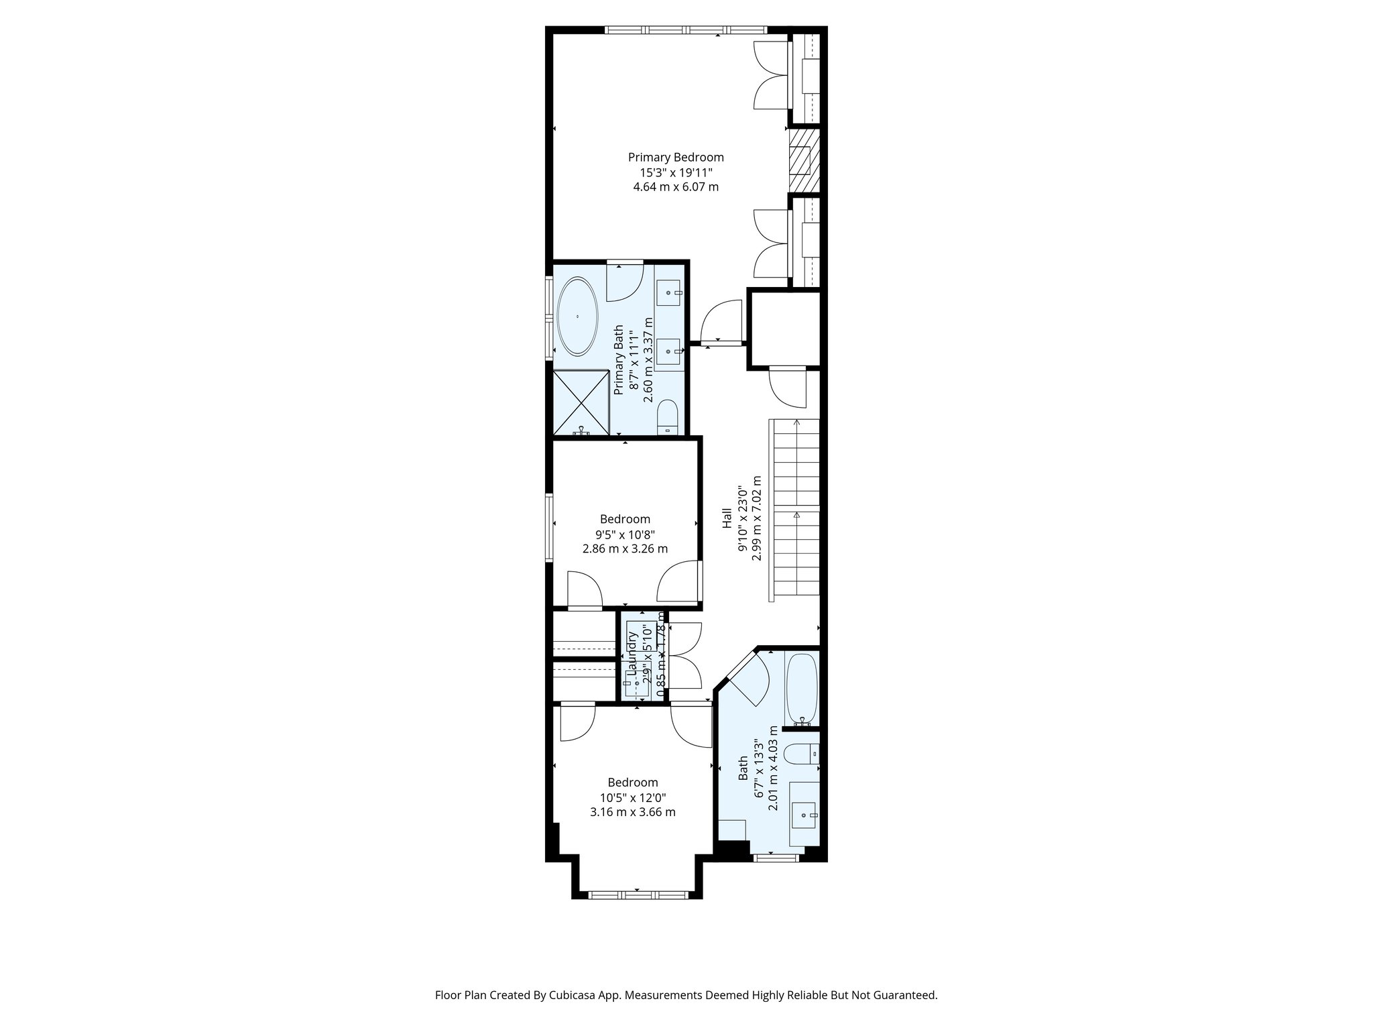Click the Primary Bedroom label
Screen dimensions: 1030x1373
point(676,158)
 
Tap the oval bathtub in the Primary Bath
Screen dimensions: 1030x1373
point(577,317)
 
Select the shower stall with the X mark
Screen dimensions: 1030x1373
point(581,404)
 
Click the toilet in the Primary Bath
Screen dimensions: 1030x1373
point(668,418)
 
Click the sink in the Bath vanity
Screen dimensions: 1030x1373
point(804,815)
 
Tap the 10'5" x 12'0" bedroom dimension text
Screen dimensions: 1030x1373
point(633,797)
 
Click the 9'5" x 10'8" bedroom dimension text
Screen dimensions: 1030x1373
point(625,534)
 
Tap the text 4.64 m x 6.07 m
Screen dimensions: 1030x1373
point(676,187)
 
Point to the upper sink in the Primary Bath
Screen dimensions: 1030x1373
point(668,293)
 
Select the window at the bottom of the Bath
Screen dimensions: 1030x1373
point(776,857)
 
